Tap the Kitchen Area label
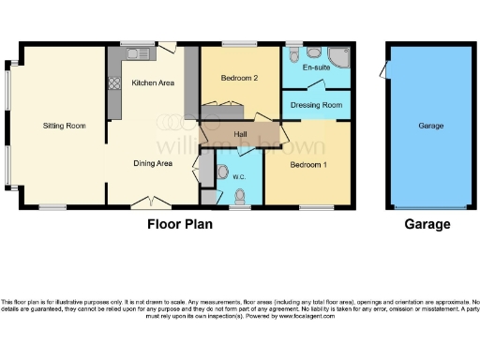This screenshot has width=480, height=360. coord(153,83)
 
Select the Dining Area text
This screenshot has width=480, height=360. coord(152,163)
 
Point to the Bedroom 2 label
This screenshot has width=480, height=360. coord(239,79)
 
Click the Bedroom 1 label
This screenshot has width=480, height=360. coord(308,164)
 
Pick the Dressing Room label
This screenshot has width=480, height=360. coord(317,106)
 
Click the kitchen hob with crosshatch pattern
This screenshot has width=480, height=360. coord(114,82)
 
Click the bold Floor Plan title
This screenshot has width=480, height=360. coord(180,224)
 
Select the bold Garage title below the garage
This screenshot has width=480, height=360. coord(427,224)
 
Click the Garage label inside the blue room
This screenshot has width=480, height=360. coord(430,125)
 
